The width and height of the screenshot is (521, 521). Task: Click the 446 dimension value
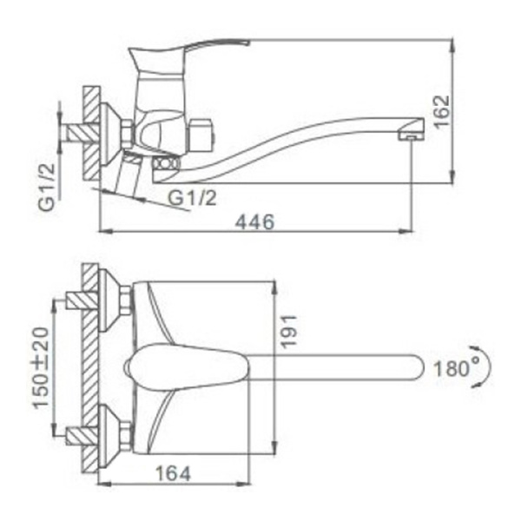point(254,221)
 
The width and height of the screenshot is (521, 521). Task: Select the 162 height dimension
point(442,112)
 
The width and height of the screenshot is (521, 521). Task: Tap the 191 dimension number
point(287,332)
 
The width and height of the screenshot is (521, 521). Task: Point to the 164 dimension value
point(174,473)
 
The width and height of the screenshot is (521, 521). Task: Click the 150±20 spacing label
point(41,368)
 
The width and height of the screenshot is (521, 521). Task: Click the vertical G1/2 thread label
point(46,188)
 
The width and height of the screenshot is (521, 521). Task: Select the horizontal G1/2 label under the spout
point(192,198)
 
